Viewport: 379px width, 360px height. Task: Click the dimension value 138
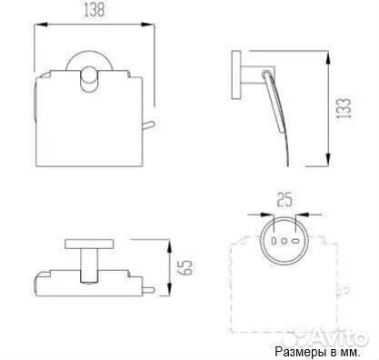tap(95, 10)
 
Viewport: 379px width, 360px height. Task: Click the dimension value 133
tap(344, 108)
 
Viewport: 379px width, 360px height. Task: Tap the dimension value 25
tap(284, 200)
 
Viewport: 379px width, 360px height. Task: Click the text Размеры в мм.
tap(318, 352)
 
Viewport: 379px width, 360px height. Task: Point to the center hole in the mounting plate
tap(284, 241)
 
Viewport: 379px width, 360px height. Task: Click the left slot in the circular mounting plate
tap(274, 241)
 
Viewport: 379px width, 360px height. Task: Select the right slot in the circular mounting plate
tap(295, 241)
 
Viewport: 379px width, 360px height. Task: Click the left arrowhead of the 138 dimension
tap(41, 25)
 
